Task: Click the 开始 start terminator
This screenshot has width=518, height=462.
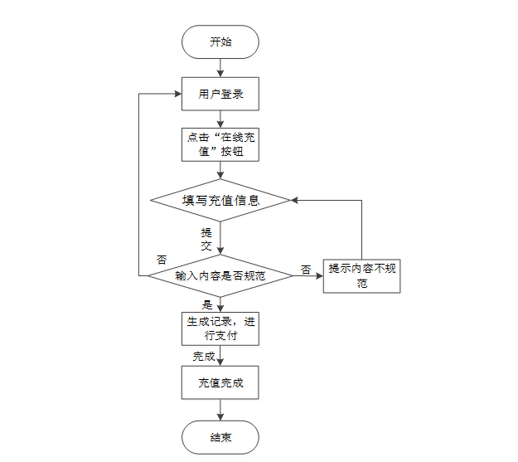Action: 220,41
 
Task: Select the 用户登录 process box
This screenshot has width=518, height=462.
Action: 220,94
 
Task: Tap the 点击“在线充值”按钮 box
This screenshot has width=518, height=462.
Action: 220,144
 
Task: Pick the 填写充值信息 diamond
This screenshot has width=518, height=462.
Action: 220,200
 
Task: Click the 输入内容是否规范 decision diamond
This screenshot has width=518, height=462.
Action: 220,275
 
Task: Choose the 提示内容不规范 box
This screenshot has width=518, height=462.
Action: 362,275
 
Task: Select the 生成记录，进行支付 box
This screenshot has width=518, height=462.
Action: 220,328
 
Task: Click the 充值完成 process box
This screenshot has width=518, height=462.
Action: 220,383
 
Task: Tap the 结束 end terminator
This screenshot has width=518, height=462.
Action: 220,437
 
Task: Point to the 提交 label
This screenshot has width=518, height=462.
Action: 206,239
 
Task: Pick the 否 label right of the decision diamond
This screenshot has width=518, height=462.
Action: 306,270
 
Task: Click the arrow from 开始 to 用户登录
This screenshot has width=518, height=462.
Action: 220,68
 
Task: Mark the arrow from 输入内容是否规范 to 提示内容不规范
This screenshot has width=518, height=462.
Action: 308,275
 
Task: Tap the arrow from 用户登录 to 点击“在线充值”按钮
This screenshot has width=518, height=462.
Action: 220,119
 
